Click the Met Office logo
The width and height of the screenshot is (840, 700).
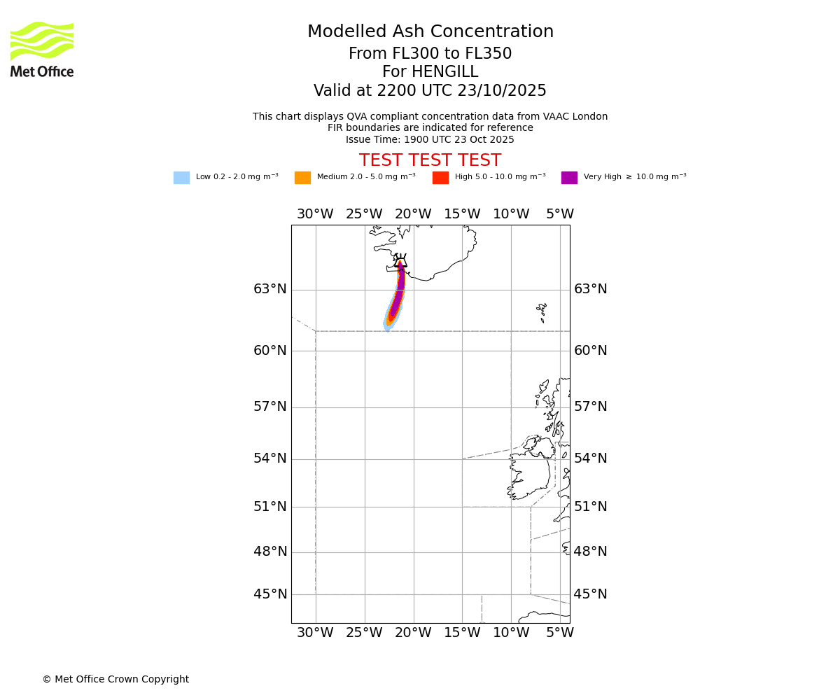coord(42,49)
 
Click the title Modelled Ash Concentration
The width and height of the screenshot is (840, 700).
coord(430,32)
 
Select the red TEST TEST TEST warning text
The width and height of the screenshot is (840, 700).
coord(430,161)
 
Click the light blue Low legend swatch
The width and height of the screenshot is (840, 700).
coord(181,178)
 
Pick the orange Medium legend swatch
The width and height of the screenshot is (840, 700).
coord(302,178)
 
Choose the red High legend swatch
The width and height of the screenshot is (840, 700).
coord(440,178)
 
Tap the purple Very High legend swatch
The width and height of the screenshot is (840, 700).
coord(569,178)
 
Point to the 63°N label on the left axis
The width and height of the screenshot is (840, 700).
coord(270,289)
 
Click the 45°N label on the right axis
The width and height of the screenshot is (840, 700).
coord(591,594)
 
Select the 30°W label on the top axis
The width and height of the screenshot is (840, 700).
coord(315,214)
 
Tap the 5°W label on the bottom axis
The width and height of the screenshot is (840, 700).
coord(560,633)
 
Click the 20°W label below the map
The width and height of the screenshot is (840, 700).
coord(413,633)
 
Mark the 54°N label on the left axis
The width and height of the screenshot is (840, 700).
coord(270,458)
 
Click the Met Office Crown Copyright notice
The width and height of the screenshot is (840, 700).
coord(115,679)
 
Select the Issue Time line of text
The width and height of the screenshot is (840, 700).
coord(430,139)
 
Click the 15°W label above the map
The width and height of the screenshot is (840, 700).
coord(462,214)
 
